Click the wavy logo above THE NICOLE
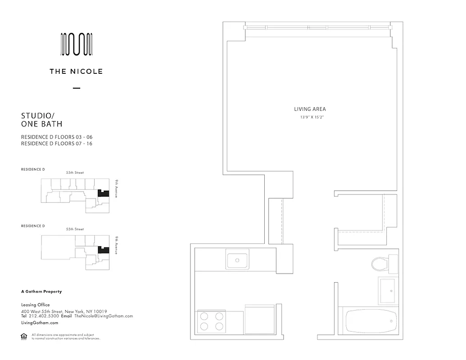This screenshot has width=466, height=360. point(77,44)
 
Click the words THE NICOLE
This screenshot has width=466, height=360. point(77,71)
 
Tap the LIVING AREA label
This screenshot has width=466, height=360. point(310,109)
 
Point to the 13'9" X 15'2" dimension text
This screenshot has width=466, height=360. point(310,117)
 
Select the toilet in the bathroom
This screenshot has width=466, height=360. point(382,264)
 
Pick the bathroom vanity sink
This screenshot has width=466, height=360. point(387,290)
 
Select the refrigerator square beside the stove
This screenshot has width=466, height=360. point(260,319)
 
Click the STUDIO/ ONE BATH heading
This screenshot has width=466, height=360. point(42,120)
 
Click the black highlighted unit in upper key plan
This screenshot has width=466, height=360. point(104,193)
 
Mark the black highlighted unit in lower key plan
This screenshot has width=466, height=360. point(104,250)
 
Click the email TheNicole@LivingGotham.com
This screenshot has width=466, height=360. point(104,316)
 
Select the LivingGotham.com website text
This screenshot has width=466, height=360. point(40,323)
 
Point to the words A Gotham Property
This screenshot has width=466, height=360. point(41,292)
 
